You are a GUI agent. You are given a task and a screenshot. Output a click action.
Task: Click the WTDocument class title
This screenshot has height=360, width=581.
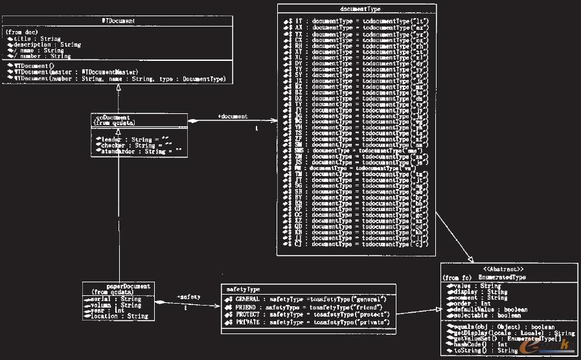click(x=119, y=21)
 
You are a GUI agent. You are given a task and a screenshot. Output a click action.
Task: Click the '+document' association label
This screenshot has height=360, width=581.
click(x=233, y=117)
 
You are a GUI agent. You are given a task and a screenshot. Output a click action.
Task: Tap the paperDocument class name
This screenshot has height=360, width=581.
click(x=128, y=286)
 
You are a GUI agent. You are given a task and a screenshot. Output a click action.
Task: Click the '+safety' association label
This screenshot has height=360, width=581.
click(x=188, y=297)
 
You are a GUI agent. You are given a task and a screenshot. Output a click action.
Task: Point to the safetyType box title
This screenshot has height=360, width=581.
click(x=244, y=289)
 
